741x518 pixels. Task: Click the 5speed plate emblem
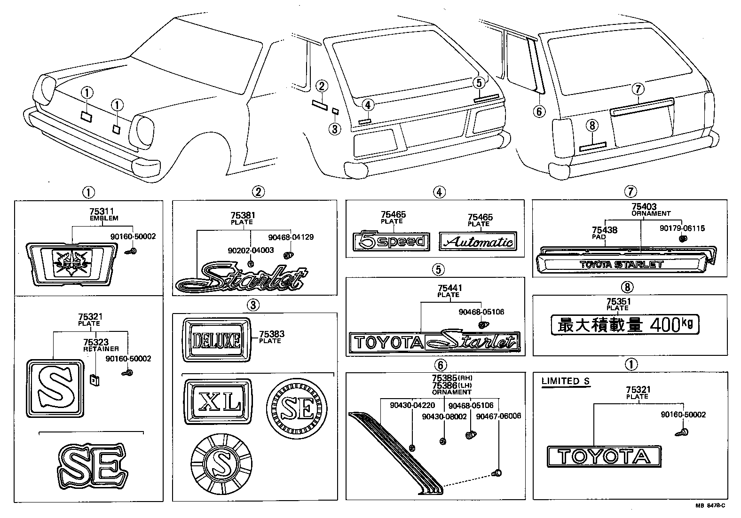tap(391, 242)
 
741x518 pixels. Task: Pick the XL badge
tap(218, 401)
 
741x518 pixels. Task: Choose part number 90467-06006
tap(498, 416)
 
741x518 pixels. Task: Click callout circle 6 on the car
tap(539, 111)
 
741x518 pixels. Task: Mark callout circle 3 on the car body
tap(334, 128)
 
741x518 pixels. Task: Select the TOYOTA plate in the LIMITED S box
tap(603, 456)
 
